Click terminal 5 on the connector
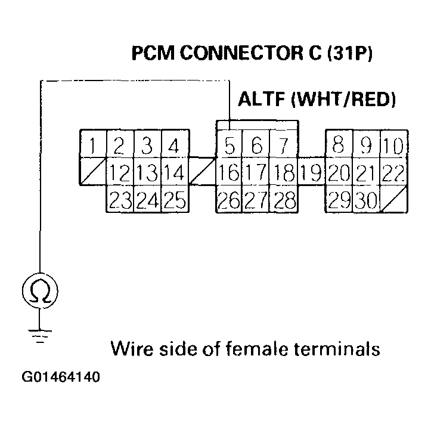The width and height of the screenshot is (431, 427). pos(230,145)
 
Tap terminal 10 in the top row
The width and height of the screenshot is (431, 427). pos(393,145)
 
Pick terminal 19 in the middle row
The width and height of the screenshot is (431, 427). pos(311,174)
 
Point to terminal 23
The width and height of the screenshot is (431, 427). pos(120,200)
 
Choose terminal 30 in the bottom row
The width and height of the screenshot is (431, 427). pos(366,200)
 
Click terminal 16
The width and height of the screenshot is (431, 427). pos(228,174)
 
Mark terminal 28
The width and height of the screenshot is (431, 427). pos(284,200)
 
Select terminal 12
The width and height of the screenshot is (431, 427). pos(120,174)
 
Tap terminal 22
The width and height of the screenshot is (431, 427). pos(393,174)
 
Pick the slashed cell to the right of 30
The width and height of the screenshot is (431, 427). pos(393,200)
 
